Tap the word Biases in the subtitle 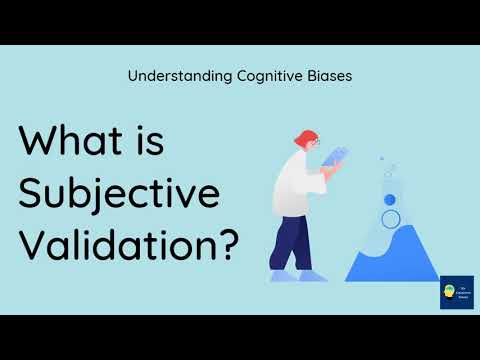(326, 74)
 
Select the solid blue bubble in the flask (390, 200)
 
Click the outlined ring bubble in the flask (391, 218)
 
